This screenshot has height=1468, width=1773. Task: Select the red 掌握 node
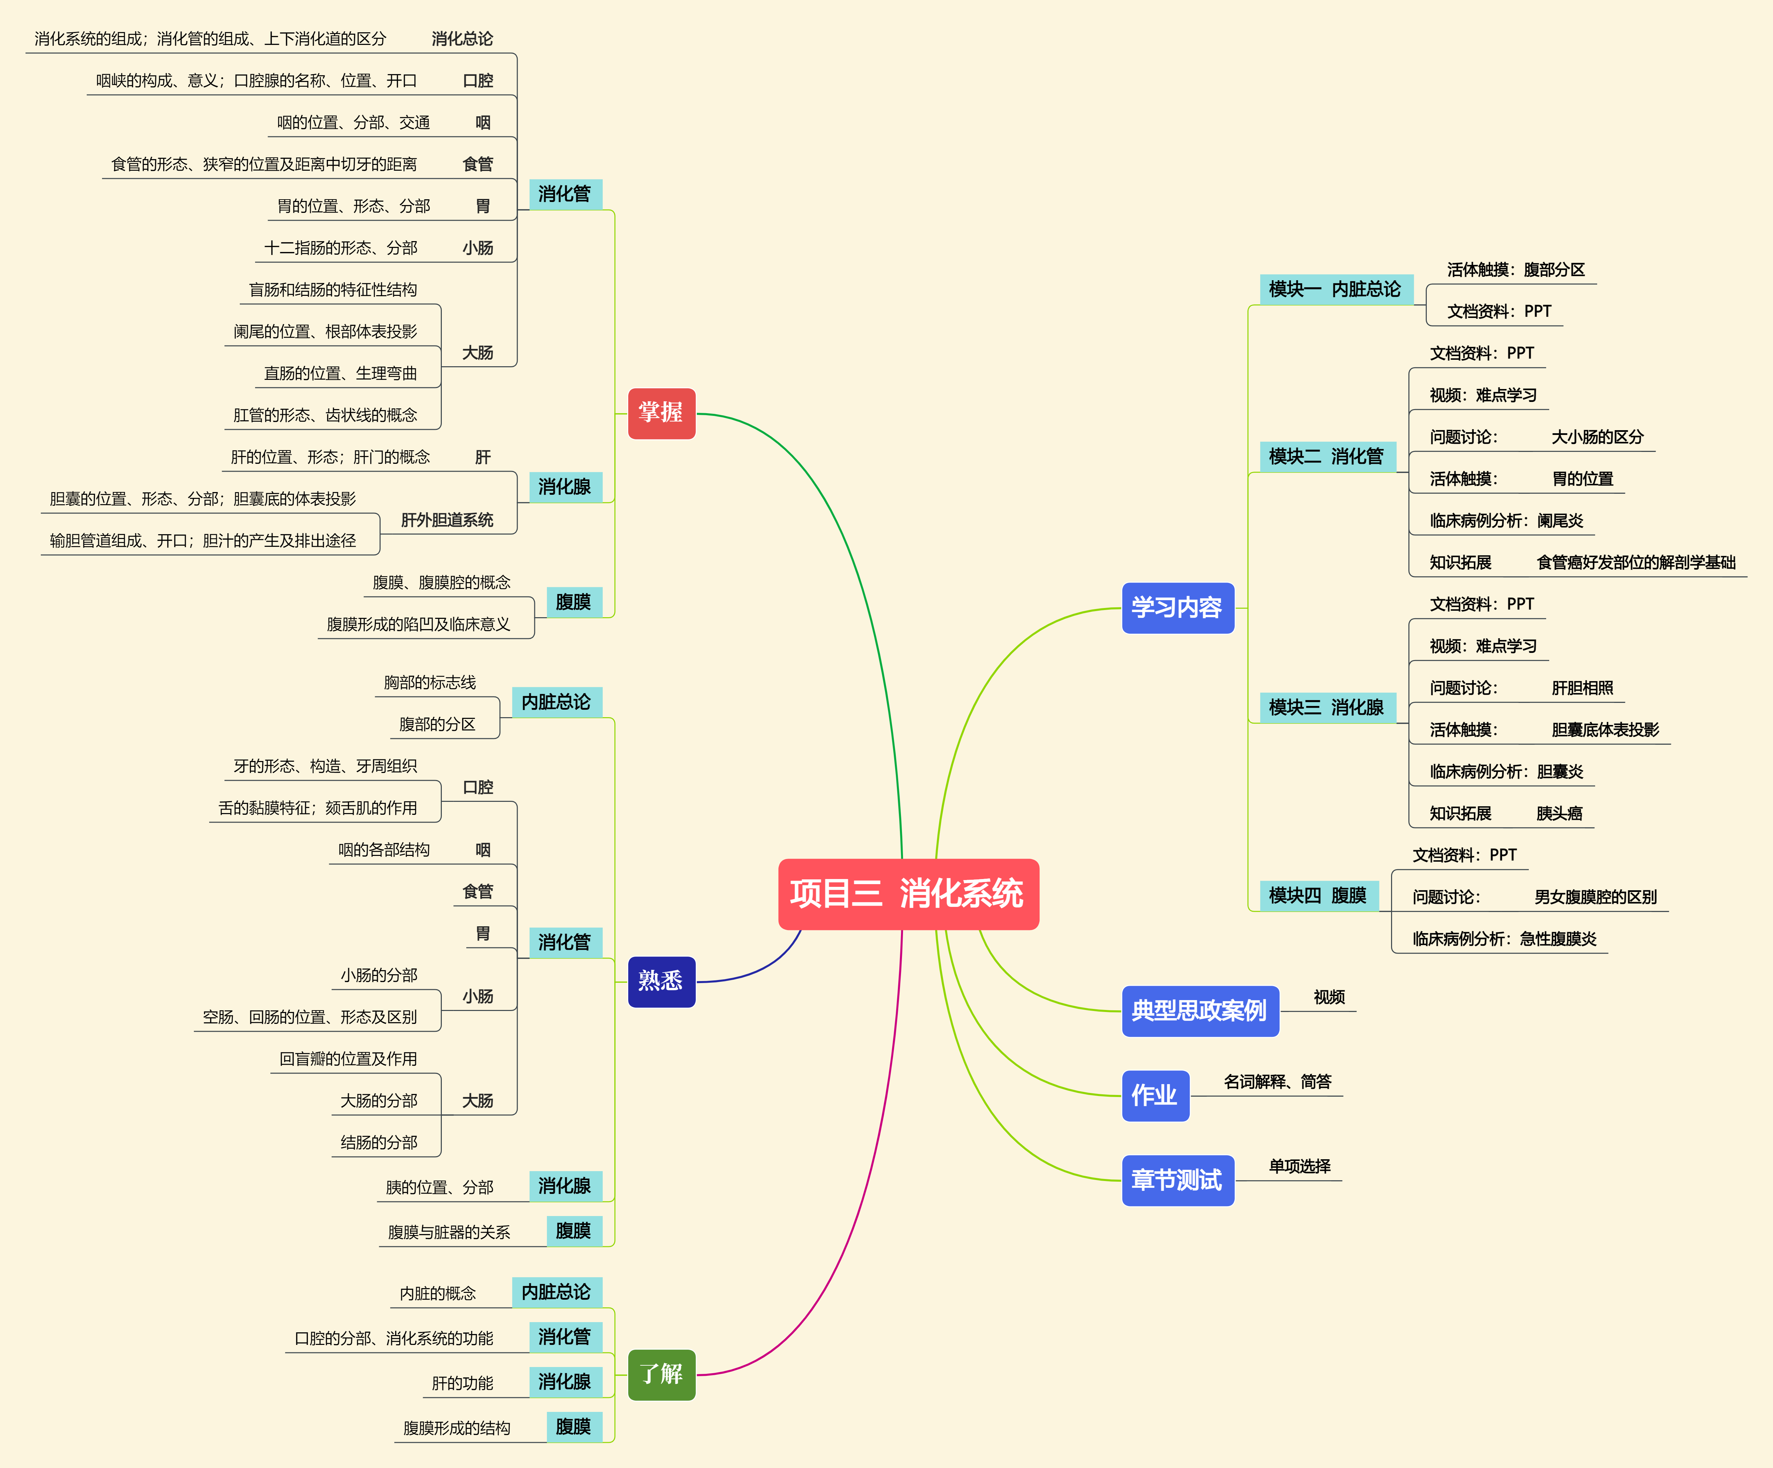coord(661,413)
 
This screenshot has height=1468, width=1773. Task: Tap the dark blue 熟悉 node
coord(661,981)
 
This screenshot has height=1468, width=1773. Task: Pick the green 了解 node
coord(661,1374)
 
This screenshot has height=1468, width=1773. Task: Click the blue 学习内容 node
coord(1177,608)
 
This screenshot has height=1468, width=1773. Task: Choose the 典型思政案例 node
coord(1199,1011)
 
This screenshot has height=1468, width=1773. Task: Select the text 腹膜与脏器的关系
coord(449,1232)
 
